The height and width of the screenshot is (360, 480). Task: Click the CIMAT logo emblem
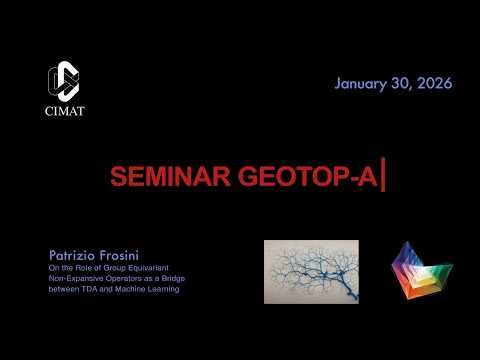[63, 81]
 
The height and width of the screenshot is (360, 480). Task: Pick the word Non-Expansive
[76, 279]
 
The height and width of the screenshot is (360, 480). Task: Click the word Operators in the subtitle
[127, 279]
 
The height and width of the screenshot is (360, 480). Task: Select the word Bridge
[177, 279]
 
